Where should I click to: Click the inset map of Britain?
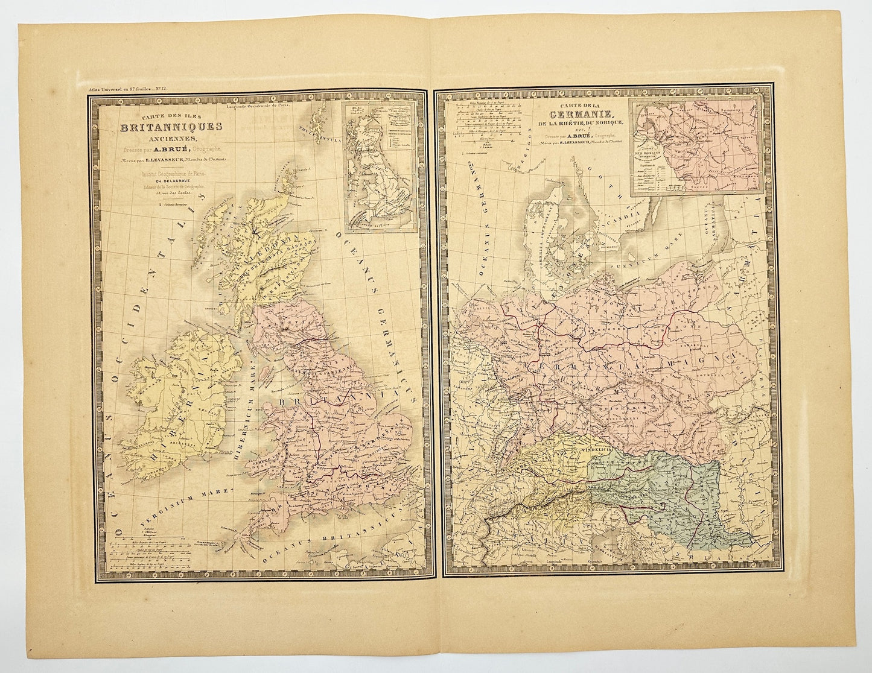pos(379,166)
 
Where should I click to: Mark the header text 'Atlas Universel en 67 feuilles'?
pos(112,89)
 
